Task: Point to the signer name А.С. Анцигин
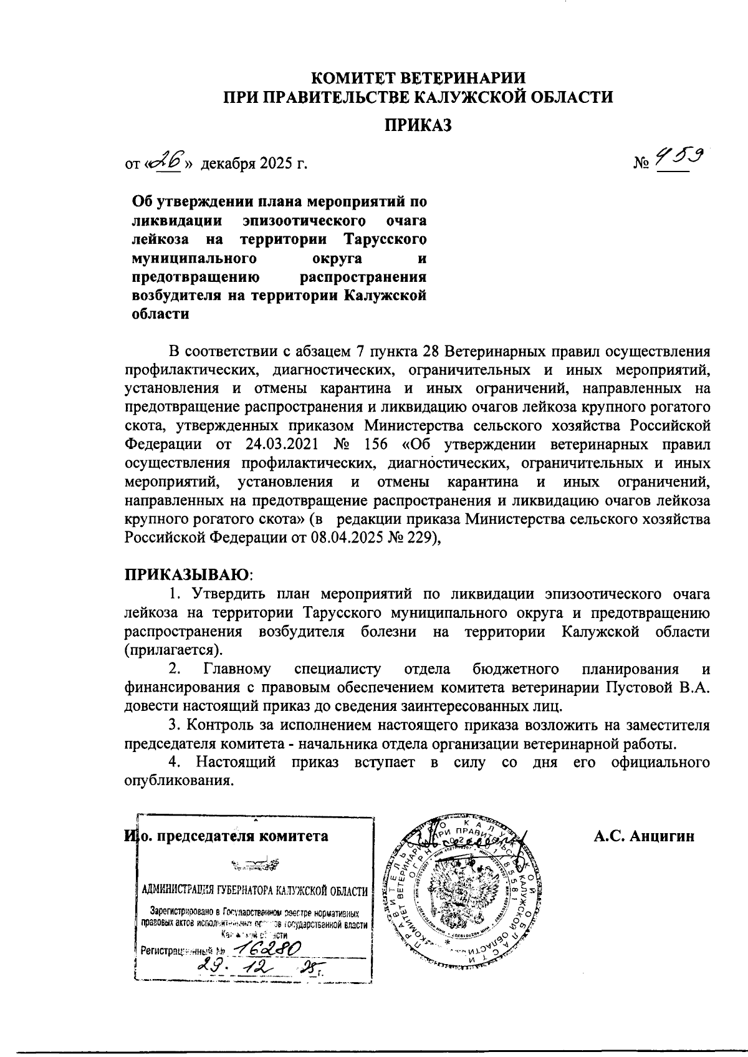[644, 836]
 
